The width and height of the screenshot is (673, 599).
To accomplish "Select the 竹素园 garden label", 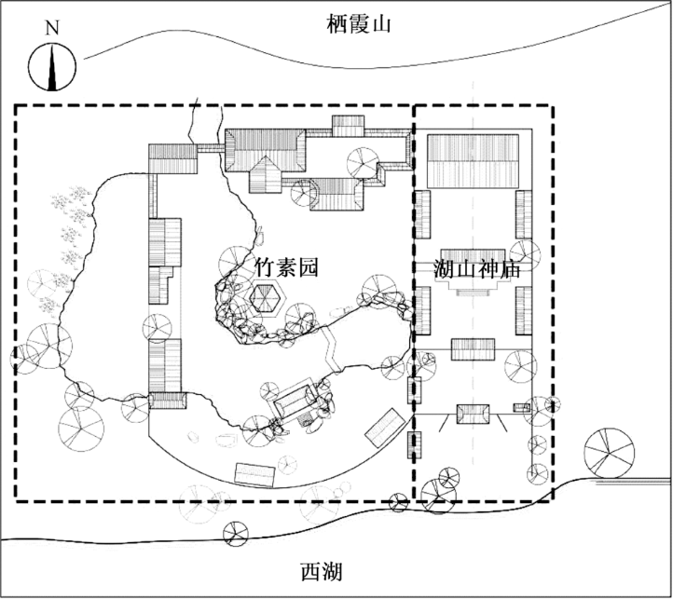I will click(x=286, y=267).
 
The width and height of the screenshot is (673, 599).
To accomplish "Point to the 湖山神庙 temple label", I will click(x=475, y=269).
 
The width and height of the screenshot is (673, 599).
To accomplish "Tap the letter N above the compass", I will click(x=52, y=27).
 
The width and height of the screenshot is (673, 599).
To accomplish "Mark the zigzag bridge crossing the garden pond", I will click(x=331, y=349).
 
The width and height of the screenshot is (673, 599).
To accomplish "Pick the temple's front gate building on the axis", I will click(x=473, y=415).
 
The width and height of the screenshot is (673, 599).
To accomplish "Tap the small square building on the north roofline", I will click(x=349, y=125).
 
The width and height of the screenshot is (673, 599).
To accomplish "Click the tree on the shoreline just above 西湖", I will click(x=236, y=532).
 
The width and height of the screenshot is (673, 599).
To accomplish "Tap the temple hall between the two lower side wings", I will click(x=473, y=349).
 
